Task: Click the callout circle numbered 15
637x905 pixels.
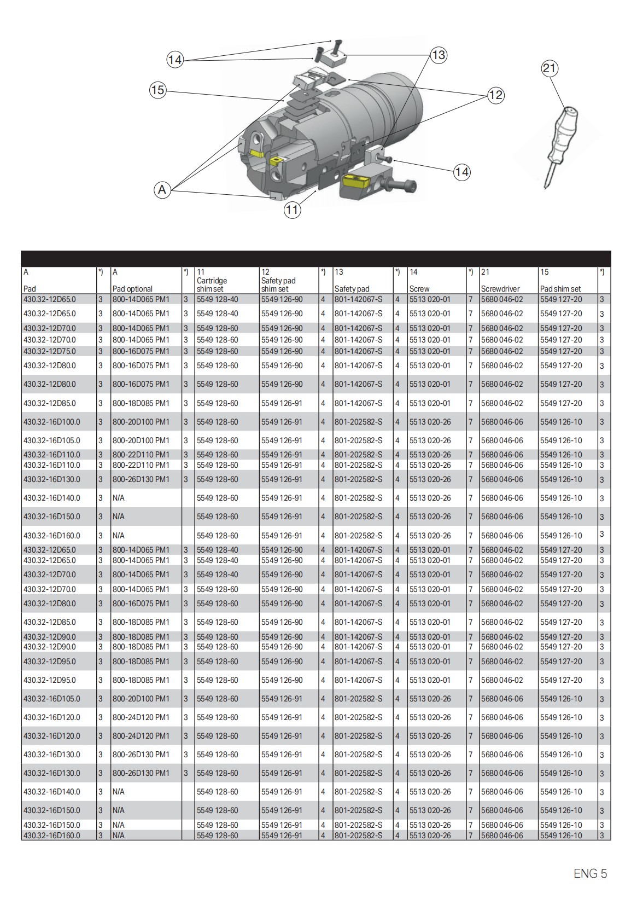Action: tap(157, 90)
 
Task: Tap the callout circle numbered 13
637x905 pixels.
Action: tap(439, 55)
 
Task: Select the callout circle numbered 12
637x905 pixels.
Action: tap(495, 95)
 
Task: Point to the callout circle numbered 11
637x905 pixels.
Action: tap(293, 210)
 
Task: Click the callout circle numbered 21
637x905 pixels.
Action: tap(550, 68)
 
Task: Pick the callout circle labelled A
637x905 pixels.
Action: tap(162, 190)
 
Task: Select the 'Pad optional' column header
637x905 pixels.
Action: tap(132, 288)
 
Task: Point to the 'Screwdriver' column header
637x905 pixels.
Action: tap(500, 288)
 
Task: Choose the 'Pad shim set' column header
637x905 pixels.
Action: tap(560, 288)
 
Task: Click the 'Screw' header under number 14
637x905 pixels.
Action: tap(419, 288)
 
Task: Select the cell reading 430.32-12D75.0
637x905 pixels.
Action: tap(50, 351)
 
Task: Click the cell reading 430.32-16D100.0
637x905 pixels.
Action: tap(51, 422)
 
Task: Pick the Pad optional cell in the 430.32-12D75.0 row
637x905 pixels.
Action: tap(141, 351)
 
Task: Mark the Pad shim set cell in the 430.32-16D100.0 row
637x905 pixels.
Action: tap(561, 422)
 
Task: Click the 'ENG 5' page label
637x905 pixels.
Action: tap(590, 874)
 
